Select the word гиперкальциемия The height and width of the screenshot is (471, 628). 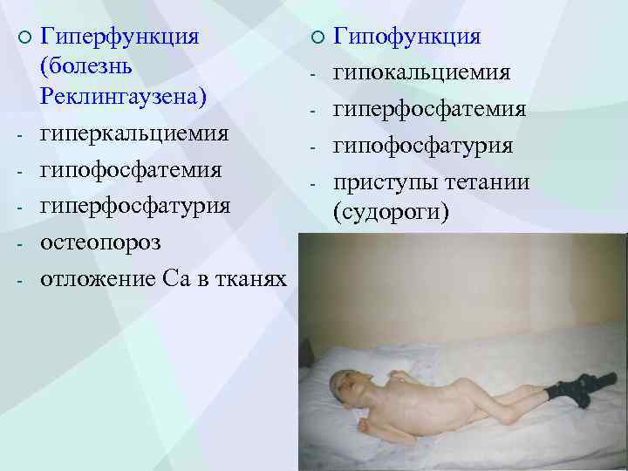tap(135, 135)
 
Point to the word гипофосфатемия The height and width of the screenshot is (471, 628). tap(131, 169)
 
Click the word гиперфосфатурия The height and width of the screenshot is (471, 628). tap(135, 206)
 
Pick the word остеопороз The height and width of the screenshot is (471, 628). tap(101, 242)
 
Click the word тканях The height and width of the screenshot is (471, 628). tap(247, 279)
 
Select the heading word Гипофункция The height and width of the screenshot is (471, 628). tap(407, 37)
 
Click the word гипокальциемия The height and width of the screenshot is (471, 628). tap(422, 73)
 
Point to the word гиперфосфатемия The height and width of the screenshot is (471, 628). tap(430, 110)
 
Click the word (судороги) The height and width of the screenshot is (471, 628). tap(391, 211)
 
